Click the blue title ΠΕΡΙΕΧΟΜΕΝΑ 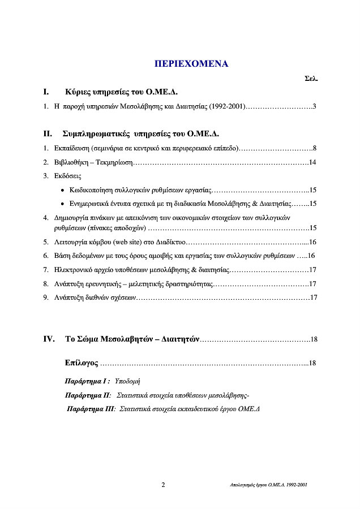191,63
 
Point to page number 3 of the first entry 314,106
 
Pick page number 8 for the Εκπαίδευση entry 314,149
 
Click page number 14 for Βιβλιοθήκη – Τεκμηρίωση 312,163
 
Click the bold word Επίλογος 82,362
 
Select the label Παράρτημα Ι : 88,381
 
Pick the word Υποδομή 127,381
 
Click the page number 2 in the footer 164,485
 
